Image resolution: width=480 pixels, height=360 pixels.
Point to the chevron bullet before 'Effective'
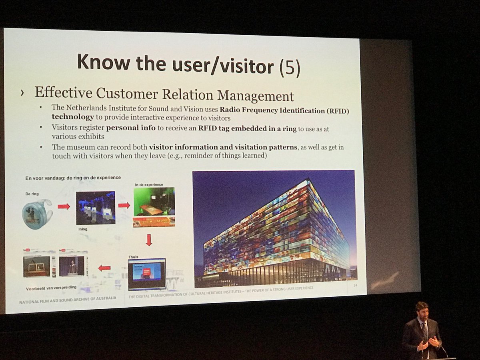[x=22, y=93]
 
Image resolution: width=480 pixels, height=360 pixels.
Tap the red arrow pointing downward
[x=149, y=240]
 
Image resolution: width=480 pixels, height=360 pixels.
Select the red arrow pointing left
[x=104, y=268]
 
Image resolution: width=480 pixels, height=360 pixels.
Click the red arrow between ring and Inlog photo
[x=64, y=206]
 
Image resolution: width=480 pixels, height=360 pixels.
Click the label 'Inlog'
[x=83, y=230]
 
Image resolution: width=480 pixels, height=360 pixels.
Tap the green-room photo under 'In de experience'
[x=154, y=202]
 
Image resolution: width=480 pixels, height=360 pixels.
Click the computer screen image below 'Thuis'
[x=146, y=274]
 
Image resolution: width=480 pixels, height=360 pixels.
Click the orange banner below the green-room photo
[x=154, y=222]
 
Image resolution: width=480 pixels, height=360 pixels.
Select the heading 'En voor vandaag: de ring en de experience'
[x=73, y=178]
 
